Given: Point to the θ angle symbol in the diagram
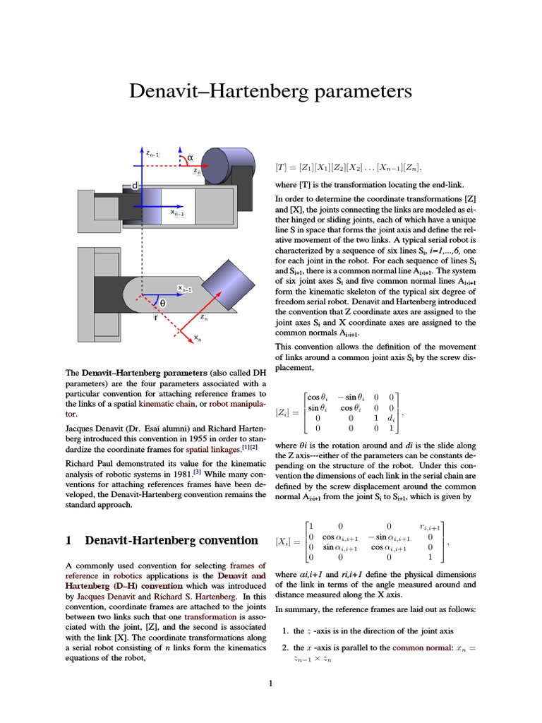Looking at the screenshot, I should click(x=162, y=303).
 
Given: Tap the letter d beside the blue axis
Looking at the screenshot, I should click(x=134, y=186).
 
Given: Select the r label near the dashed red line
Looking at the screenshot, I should click(x=155, y=318).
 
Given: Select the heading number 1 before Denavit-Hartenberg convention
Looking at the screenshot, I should click(x=68, y=541).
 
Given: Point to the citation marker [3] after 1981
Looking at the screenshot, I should click(x=199, y=472).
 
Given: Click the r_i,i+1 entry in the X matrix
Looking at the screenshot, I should click(x=430, y=526).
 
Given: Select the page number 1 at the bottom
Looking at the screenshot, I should click(x=270, y=683).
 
